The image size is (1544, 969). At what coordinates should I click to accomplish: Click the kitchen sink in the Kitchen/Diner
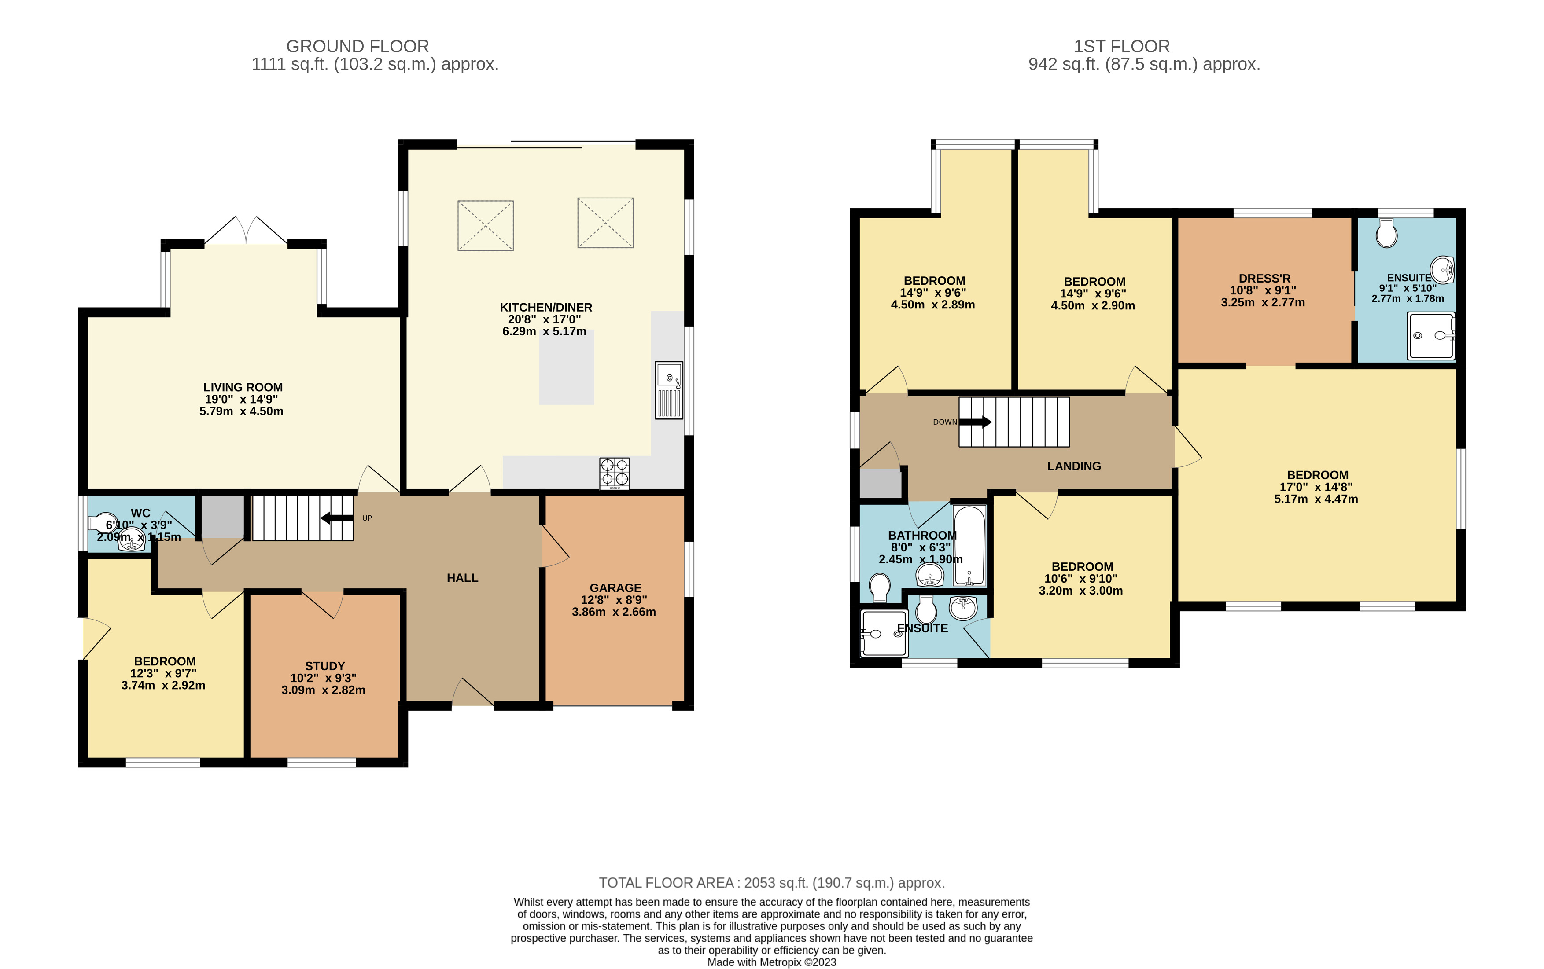point(669,390)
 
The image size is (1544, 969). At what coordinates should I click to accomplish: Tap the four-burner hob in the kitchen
point(614,473)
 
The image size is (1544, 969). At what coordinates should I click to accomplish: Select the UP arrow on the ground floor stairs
point(337,518)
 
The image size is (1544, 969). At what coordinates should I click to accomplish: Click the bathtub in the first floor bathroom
point(969,546)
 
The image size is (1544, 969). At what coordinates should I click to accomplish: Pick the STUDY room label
point(325,666)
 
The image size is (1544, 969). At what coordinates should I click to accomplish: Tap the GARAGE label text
point(615,587)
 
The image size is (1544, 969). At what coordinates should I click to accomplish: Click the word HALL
point(462,578)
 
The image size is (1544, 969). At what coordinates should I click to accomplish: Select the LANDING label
point(1074,466)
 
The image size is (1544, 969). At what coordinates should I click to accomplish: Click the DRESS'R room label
point(1264,279)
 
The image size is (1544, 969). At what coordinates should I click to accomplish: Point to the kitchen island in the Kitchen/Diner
point(566,367)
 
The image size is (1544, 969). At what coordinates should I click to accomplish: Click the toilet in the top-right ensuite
point(1386,233)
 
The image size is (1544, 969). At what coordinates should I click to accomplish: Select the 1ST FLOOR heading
point(1122,47)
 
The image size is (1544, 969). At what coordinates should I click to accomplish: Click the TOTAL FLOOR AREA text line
point(772,883)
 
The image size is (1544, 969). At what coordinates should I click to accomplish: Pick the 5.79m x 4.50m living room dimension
point(241,411)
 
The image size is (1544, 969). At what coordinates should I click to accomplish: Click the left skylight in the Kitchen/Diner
point(485,226)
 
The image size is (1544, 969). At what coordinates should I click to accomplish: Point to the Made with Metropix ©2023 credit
point(772,962)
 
